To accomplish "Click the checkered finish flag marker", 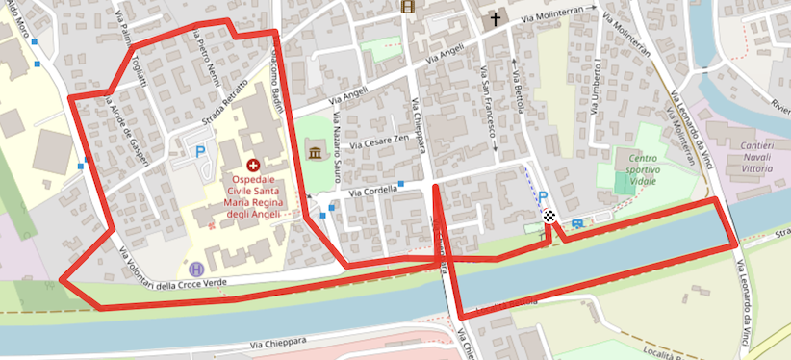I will [549, 217].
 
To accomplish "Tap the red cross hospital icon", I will [253, 166].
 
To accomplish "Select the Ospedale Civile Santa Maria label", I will [253, 191].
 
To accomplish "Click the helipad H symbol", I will [196, 269].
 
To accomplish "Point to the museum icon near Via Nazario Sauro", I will [315, 151].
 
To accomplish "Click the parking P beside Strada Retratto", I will [200, 151].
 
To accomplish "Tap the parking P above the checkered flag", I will [543, 196].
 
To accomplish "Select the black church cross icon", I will [496, 18].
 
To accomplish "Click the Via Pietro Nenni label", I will [205, 60].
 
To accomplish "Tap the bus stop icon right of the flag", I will [576, 224].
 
